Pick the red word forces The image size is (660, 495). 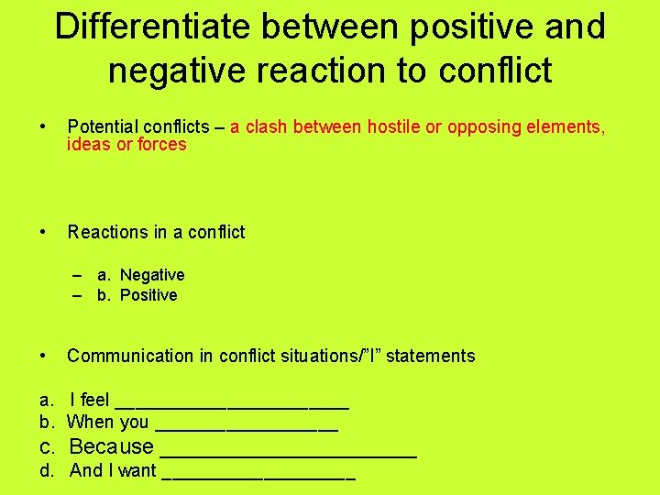click(162, 145)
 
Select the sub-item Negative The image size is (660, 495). click(152, 275)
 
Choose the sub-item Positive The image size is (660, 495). click(148, 295)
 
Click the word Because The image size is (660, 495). click(111, 447)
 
